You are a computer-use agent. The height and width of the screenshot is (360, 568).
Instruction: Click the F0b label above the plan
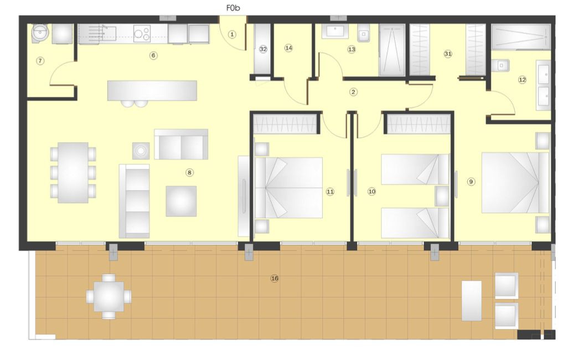click(233, 8)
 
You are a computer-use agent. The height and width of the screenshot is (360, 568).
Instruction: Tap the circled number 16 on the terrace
click(274, 278)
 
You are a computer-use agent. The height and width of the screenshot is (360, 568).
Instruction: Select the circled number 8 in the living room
click(189, 172)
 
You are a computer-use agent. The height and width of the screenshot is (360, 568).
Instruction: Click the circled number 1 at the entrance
click(232, 34)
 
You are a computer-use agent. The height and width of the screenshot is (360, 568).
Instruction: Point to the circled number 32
click(263, 49)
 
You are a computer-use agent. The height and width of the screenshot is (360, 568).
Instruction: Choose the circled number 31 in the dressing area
click(448, 54)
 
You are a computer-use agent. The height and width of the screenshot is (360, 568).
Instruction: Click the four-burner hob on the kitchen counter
click(142, 34)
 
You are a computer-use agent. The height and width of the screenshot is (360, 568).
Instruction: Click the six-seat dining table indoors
click(73, 172)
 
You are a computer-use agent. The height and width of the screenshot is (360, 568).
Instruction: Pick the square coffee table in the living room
click(181, 200)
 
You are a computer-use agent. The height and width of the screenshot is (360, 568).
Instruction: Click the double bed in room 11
click(288, 188)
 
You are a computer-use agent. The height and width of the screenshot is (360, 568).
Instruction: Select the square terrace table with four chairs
click(109, 297)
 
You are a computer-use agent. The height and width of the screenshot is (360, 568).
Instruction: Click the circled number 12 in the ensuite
click(521, 80)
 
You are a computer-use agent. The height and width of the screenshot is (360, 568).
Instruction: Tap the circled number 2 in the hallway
click(353, 92)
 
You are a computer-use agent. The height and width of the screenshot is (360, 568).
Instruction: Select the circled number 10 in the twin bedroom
click(371, 191)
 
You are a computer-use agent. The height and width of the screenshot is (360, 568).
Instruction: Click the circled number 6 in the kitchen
click(153, 55)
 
